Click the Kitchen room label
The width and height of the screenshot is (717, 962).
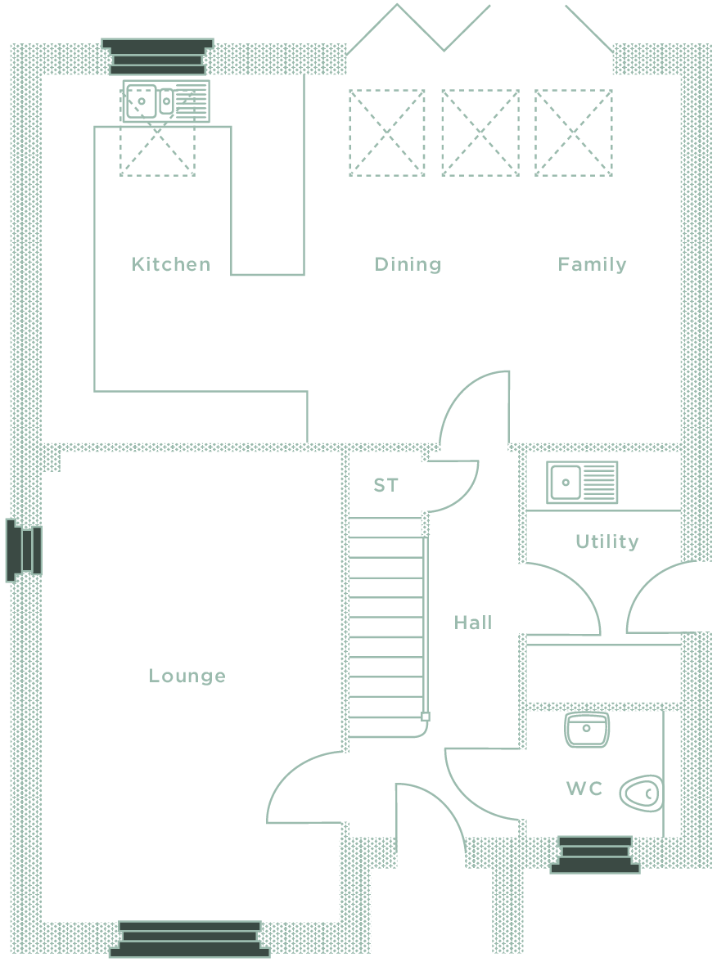point(170,264)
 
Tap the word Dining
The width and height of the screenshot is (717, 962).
point(408,264)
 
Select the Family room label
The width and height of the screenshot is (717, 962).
point(592,264)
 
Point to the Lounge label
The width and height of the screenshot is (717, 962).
point(187,676)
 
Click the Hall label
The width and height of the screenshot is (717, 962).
point(473,623)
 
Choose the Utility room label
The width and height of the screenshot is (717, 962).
point(607,542)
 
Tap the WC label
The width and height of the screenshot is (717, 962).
point(584,789)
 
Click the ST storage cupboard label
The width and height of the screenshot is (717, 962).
point(386,485)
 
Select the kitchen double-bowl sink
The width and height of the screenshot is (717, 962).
point(165,101)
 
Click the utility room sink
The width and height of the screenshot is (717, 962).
point(582,483)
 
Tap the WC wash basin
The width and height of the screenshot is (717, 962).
point(586,730)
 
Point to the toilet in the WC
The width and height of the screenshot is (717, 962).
point(641,793)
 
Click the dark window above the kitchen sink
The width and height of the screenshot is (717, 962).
point(158,57)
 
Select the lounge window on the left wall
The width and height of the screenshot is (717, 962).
point(24,551)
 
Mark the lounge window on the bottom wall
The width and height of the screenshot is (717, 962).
point(190,939)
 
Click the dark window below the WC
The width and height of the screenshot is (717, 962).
point(595,855)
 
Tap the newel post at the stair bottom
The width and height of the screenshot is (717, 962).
point(426,716)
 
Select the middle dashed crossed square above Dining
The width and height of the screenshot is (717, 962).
point(480,133)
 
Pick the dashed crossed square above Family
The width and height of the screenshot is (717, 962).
point(573,133)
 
